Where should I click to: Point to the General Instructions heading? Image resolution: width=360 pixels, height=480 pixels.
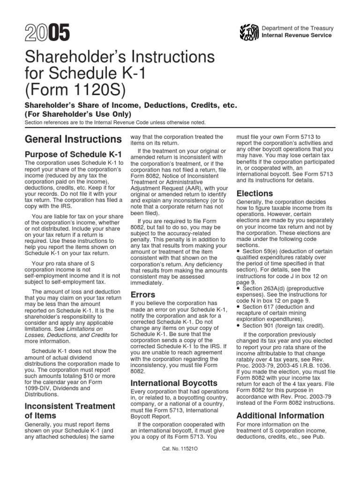[x=73, y=139]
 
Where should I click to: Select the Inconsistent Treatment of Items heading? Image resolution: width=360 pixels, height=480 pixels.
[x=69, y=411]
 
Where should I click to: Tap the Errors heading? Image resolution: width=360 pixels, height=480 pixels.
[x=143, y=294]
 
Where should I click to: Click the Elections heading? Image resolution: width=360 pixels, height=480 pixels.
[x=255, y=193]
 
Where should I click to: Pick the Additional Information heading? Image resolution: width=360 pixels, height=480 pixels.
[x=280, y=415]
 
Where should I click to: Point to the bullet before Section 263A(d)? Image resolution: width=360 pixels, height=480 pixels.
[x=239, y=288]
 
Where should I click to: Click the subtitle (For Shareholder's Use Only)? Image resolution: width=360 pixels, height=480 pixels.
[x=78, y=114]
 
